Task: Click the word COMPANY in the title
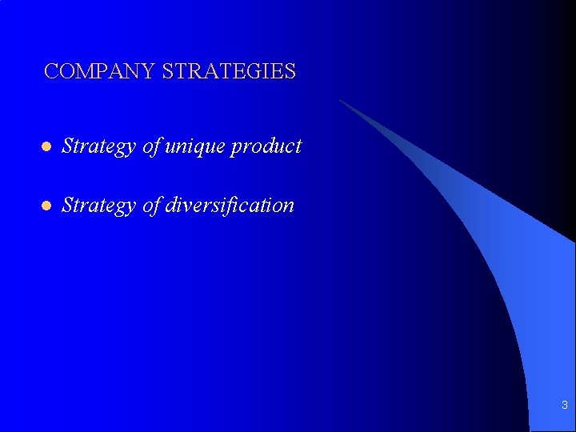(100, 72)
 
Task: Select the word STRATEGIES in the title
(229, 72)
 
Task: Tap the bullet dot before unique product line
(46, 147)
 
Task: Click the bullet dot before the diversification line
(46, 206)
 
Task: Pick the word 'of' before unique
(151, 146)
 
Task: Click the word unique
(195, 147)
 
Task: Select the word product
(266, 147)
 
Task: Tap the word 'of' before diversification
(151, 206)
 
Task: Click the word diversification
(229, 206)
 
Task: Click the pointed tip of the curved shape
(341, 101)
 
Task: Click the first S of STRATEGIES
(167, 72)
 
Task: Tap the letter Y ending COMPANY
(149, 72)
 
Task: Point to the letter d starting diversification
(170, 206)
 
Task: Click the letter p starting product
(236, 149)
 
